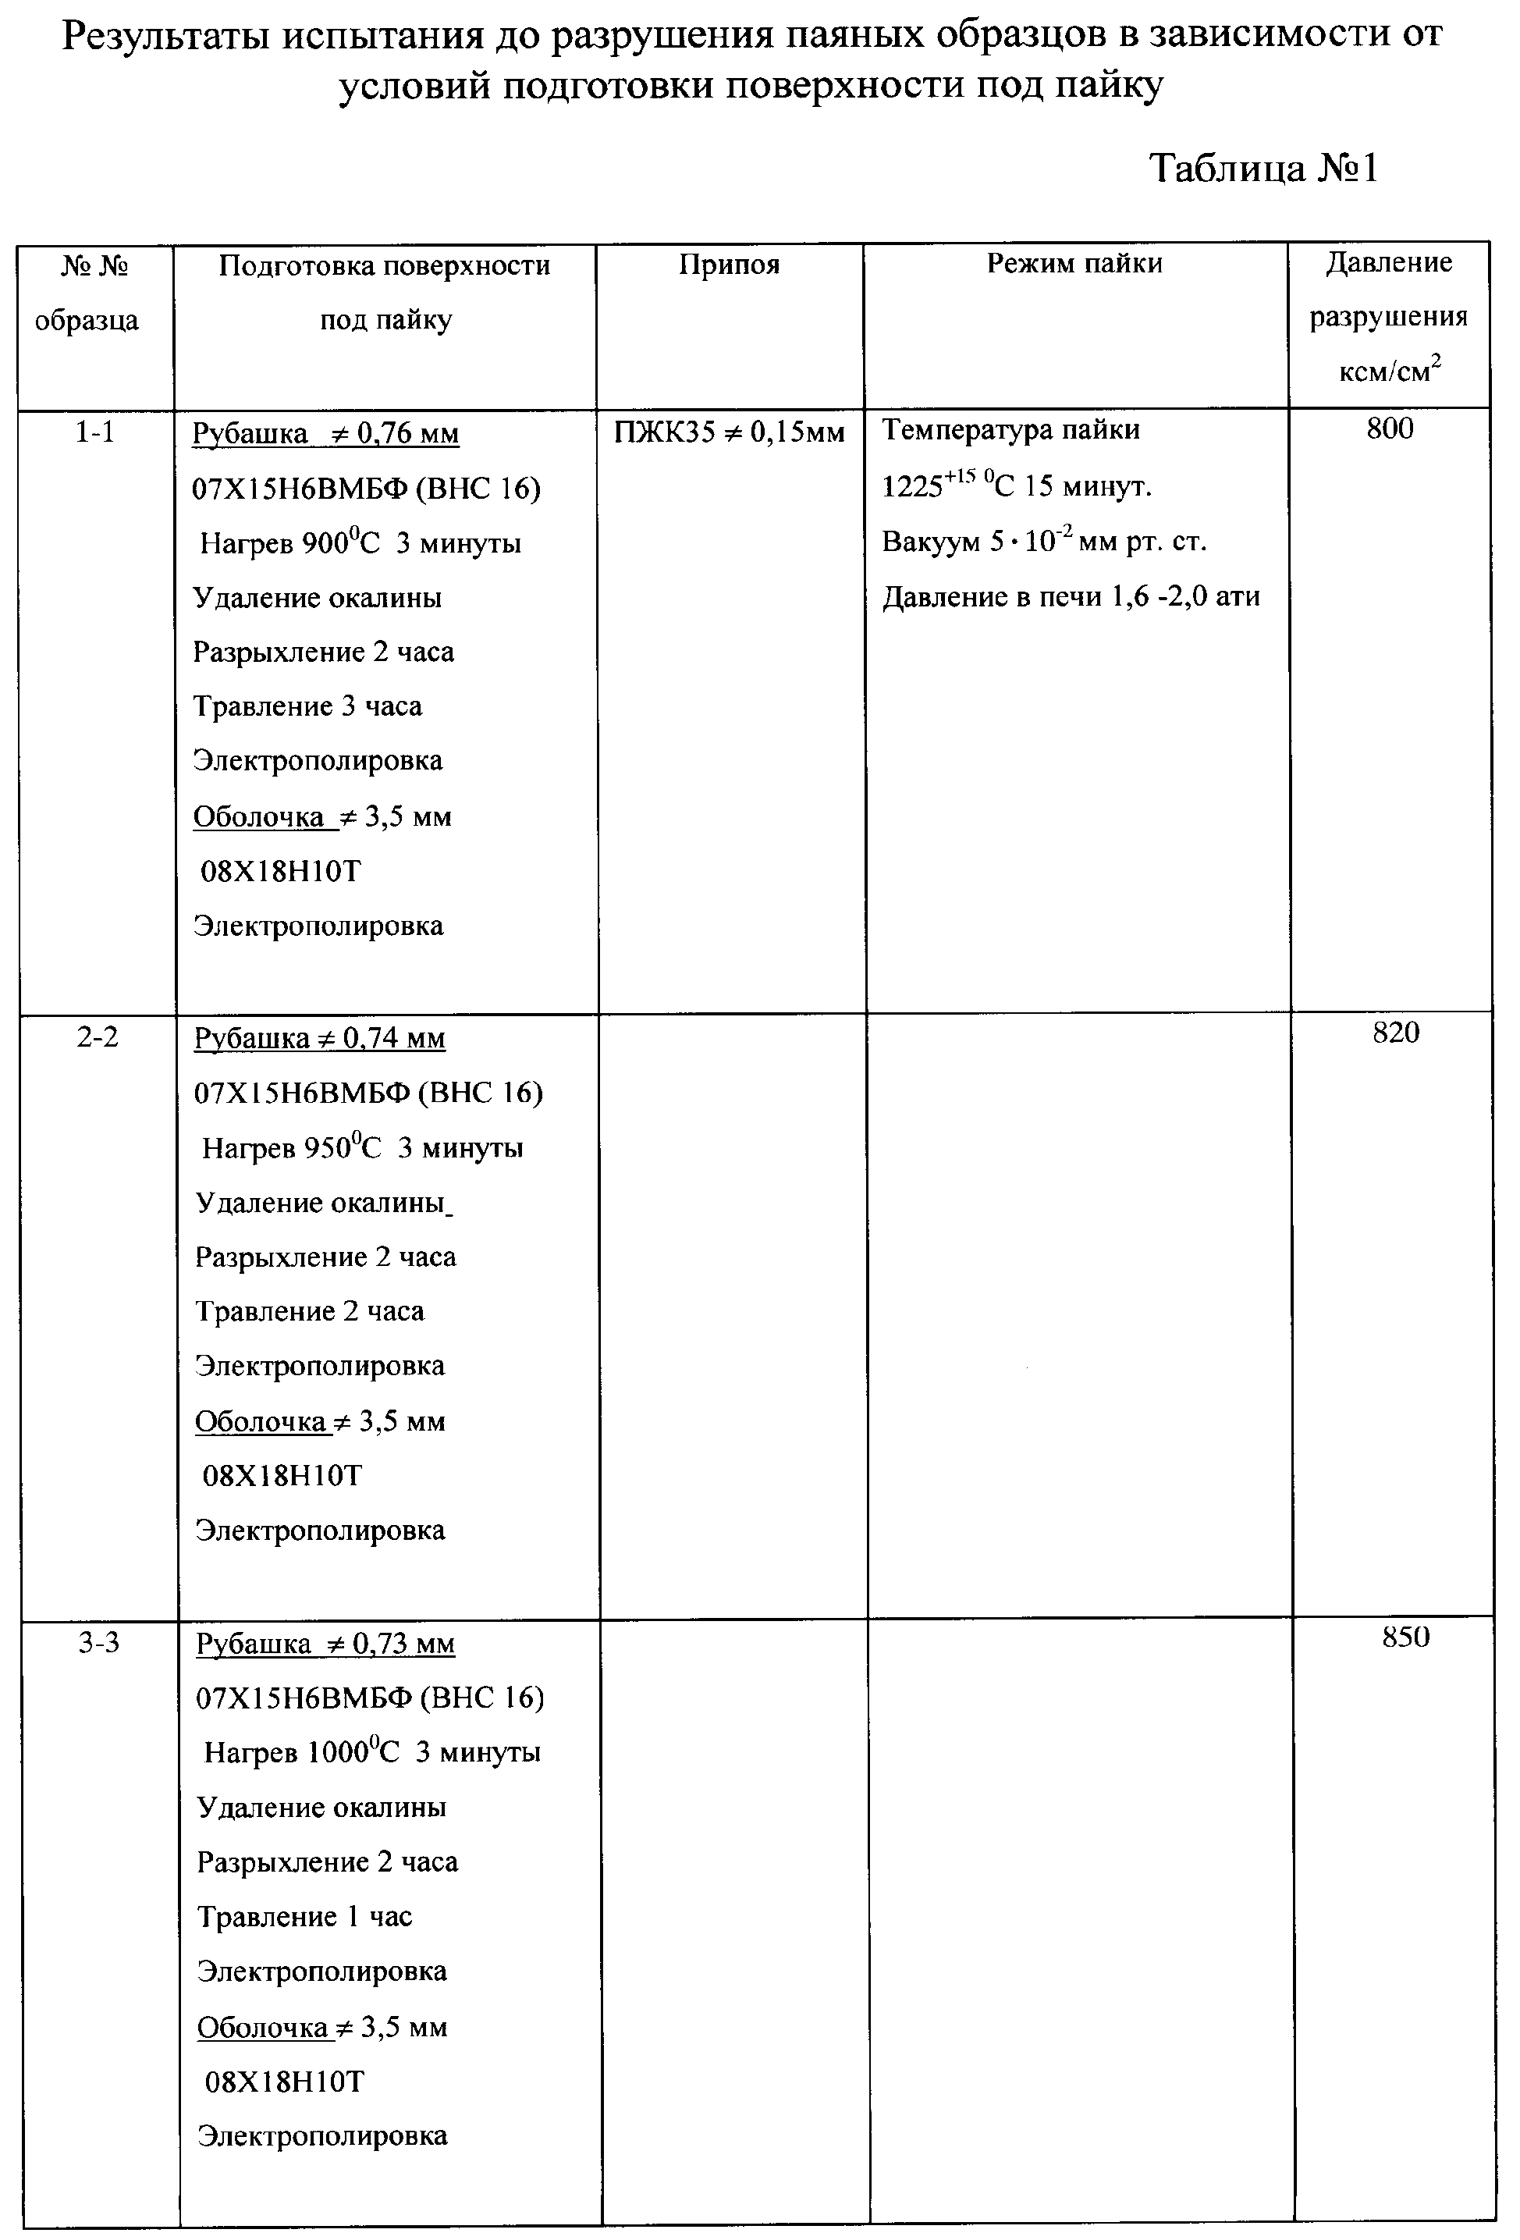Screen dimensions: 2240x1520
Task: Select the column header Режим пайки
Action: [x=1074, y=263]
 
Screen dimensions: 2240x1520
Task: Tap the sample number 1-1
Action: [x=94, y=432]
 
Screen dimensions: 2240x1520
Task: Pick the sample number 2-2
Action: [x=98, y=1037]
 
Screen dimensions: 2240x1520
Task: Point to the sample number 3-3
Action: [x=98, y=1641]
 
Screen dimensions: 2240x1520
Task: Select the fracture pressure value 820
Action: [x=1396, y=1033]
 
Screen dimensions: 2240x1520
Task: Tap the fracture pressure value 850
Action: [x=1405, y=1637]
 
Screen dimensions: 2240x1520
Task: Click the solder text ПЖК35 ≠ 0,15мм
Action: [x=729, y=432]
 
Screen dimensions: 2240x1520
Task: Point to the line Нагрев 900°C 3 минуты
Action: [x=360, y=544]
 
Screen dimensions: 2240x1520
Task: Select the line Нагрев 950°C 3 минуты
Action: [x=362, y=1148]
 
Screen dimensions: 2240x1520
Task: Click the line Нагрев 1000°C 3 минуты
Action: [x=372, y=1752]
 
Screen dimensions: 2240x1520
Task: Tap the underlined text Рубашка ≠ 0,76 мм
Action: [x=326, y=435]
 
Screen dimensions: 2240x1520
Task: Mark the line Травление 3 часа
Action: [x=307, y=706]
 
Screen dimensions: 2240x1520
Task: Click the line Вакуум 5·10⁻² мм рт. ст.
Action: [x=1044, y=541]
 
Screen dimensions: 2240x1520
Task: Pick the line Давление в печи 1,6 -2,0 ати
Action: [x=1071, y=596]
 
